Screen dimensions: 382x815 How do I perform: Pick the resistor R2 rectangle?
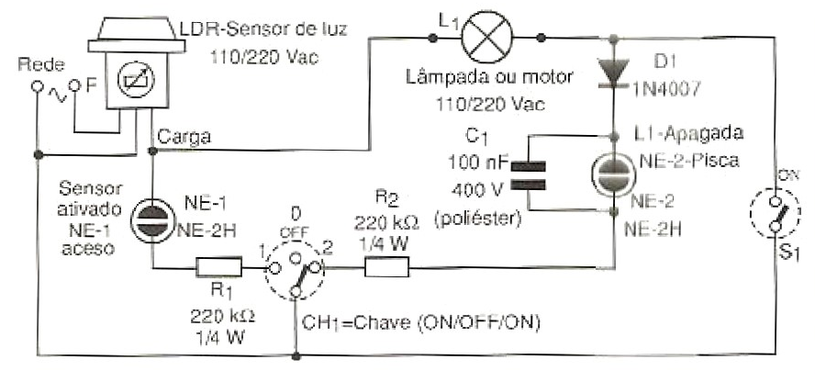pyautogui.click(x=387, y=267)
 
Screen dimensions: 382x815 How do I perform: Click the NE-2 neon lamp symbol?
pyautogui.click(x=612, y=174)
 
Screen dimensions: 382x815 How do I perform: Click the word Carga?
pyautogui.click(x=184, y=138)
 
